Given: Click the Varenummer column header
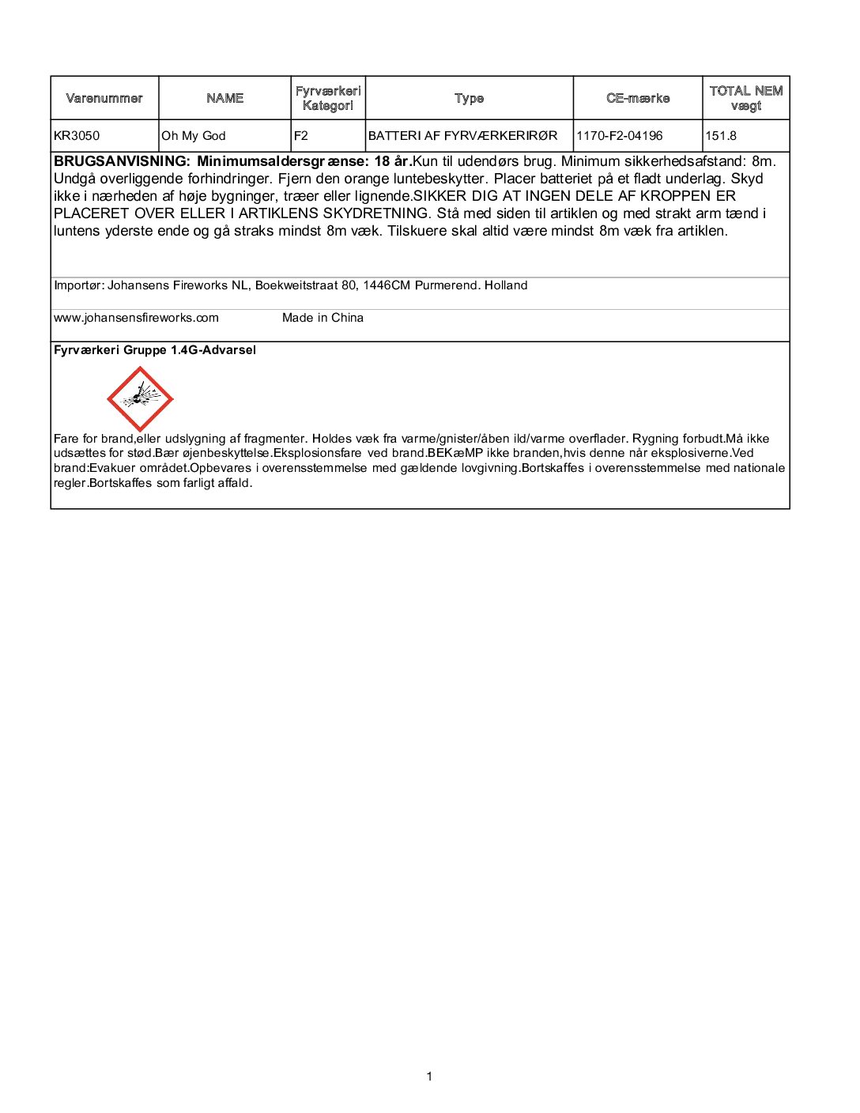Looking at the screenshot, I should [104, 98].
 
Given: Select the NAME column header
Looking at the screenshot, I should [224, 98].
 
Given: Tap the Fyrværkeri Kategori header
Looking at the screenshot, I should [328, 98].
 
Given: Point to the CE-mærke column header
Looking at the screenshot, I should [638, 98].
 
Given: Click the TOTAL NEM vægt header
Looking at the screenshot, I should [745, 98].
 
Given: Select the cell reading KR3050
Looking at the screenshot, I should [77, 136].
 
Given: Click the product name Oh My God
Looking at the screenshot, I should [194, 136].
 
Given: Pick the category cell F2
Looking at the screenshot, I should [301, 136].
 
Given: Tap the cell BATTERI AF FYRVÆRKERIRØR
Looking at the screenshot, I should [463, 136].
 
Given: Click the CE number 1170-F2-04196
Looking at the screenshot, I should [620, 136].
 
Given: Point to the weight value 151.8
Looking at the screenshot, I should [721, 136].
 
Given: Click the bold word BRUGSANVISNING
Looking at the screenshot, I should [121, 161].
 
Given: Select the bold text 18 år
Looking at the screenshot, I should [392, 161].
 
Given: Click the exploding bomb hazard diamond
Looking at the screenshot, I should [140, 399].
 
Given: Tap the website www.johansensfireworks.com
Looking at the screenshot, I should [136, 318].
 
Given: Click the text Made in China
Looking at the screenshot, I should [322, 318].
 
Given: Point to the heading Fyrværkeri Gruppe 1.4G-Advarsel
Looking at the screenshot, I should [155, 350].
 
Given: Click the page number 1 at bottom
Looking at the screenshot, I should [429, 1076].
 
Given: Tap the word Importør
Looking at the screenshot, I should [77, 285].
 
